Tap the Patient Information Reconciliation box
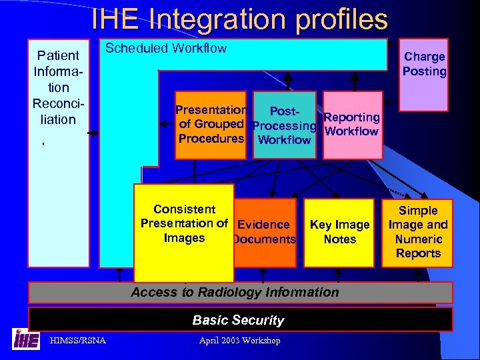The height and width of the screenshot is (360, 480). [56, 153]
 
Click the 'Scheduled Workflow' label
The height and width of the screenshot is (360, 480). [166, 48]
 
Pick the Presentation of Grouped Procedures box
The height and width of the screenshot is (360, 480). [211, 125]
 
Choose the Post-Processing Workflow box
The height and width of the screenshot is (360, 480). [285, 125]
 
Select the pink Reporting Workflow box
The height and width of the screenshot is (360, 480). [352, 125]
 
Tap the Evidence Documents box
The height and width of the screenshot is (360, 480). [265, 232]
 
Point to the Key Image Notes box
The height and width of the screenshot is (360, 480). [339, 232]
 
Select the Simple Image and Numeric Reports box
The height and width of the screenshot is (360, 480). [418, 232]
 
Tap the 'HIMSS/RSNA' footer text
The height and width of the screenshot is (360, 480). [78, 341]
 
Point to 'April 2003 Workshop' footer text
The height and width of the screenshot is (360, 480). [239, 341]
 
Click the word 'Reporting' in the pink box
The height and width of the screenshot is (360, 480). [352, 117]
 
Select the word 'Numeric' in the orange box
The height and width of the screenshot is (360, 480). [418, 239]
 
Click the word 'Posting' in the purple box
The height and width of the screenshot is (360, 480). [424, 71]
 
